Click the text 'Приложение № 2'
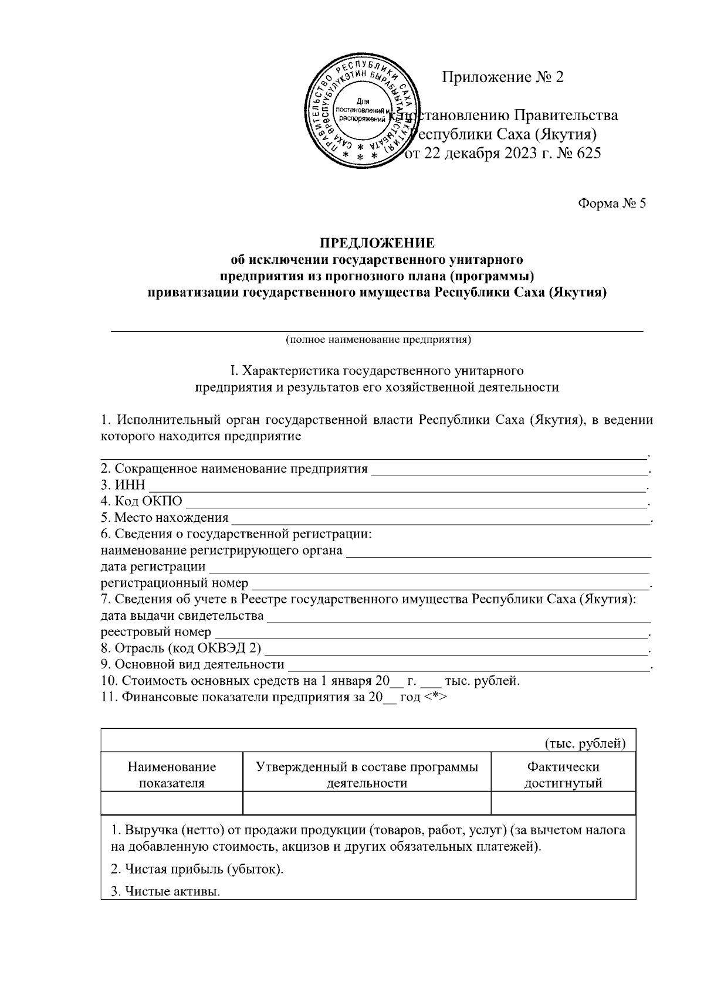tap(502, 77)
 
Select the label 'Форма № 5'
tap(611, 203)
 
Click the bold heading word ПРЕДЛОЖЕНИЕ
tap(377, 243)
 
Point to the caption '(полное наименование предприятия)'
tap(378, 339)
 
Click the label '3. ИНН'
tap(123, 485)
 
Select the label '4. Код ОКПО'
tap(141, 502)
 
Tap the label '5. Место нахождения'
tap(164, 518)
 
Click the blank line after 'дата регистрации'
tap(428, 568)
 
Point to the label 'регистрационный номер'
tap(174, 584)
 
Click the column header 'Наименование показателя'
tap(172, 775)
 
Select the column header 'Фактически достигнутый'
tap(563, 775)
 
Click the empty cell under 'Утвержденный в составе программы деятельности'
tap(367, 803)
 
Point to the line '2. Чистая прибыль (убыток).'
tap(198, 869)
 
